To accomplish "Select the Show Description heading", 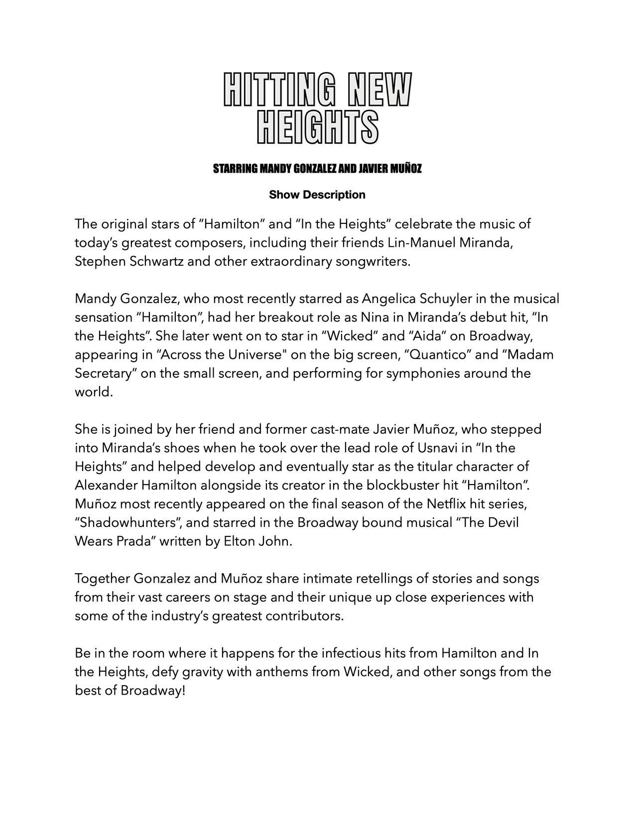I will point(317,195).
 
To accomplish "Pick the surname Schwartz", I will point(157,261).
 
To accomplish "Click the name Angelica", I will point(389,299).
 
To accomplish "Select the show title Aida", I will point(427,336).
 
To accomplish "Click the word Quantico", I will point(436,355).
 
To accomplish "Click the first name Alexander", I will point(106,485).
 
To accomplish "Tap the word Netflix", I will point(446,504).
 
